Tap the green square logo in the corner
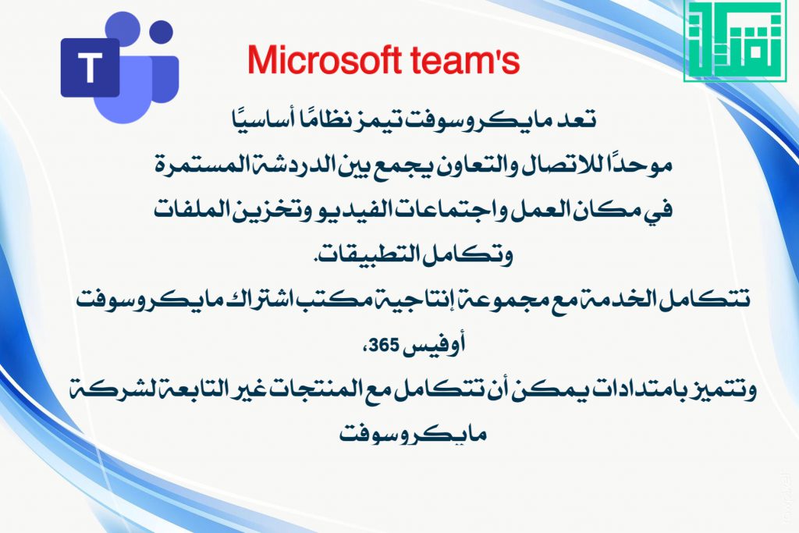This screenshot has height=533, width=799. pos(734,41)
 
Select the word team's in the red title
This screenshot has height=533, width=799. pos(465,61)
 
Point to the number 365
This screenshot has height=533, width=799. pos(384,346)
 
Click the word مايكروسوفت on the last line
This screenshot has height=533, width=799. pos(414,434)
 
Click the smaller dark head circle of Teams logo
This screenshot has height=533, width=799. pos(162,33)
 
